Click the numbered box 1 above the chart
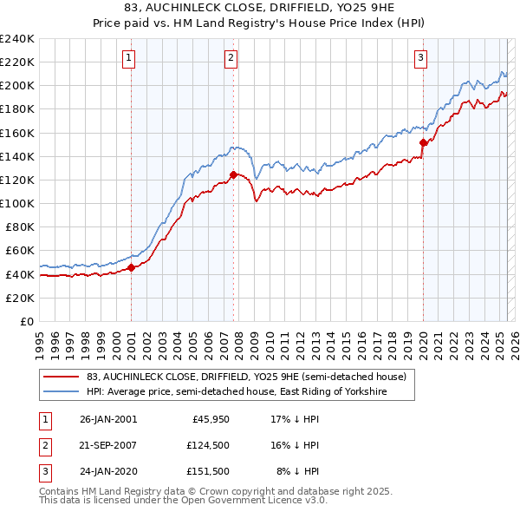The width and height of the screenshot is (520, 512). (128, 58)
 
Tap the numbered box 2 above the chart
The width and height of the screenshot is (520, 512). (232, 58)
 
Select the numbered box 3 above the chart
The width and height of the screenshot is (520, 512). (420, 58)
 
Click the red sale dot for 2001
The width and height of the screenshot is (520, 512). (131, 267)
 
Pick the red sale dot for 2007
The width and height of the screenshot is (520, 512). (233, 174)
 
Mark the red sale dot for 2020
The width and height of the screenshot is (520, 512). (423, 142)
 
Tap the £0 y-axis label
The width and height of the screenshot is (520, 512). (26, 321)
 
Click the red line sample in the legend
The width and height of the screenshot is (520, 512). (60, 377)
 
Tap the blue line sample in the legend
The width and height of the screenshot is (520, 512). (60, 392)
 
